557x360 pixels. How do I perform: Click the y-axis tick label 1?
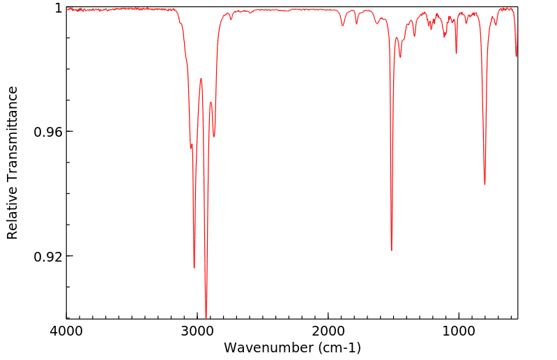point(58,8)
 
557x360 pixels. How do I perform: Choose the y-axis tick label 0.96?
point(48,132)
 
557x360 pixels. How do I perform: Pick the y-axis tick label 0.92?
point(48,257)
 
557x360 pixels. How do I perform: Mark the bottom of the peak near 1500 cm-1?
point(392,250)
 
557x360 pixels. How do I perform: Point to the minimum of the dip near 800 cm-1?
point(484,184)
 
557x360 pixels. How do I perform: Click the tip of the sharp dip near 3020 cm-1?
point(194,268)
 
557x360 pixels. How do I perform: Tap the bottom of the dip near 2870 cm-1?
point(214,137)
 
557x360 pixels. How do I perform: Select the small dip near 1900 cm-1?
point(342,26)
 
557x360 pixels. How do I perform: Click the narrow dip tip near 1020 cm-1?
point(457,53)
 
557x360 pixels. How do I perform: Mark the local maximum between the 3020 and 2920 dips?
point(201,79)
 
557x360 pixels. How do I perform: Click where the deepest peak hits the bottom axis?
point(206,317)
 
